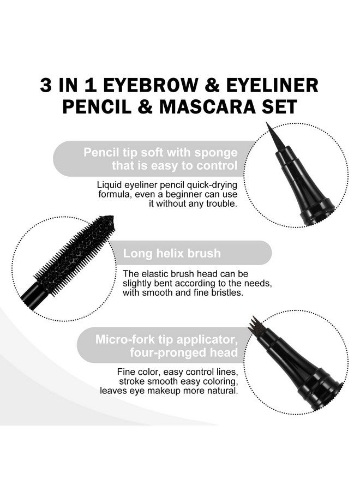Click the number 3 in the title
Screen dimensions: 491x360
[x=49, y=86]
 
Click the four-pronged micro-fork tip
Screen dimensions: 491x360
[x=255, y=326]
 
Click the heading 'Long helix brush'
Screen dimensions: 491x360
[x=171, y=253]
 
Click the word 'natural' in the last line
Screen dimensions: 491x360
[x=221, y=391]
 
